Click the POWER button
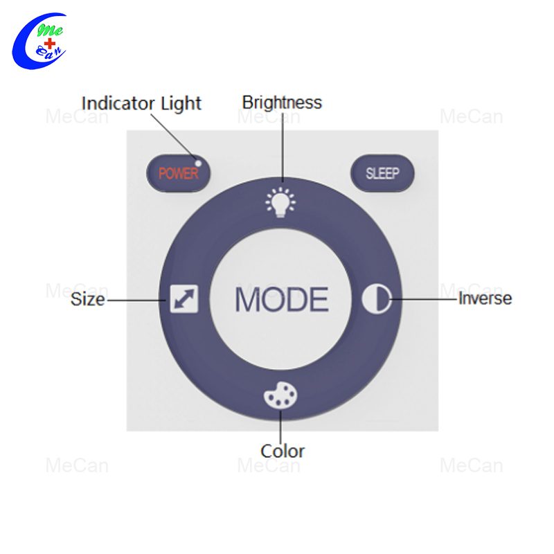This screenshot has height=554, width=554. [179, 173]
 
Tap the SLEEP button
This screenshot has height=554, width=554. [382, 173]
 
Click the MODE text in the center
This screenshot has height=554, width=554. [282, 299]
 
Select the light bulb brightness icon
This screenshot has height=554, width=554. [280, 202]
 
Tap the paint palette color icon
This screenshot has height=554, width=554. [280, 395]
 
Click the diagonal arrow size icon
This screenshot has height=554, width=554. [184, 299]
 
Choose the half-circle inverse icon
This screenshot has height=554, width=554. [377, 299]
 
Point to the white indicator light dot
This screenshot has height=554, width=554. [198, 163]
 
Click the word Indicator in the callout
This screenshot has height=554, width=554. [118, 103]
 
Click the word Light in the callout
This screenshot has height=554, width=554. [181, 105]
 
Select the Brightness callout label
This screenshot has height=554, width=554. [282, 103]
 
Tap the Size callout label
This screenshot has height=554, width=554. [88, 299]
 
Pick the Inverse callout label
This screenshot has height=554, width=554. [485, 298]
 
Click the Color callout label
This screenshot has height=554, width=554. [283, 452]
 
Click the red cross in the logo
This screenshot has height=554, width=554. [50, 44]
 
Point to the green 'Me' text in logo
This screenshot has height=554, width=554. [50, 30]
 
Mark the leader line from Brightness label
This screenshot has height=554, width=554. [283, 148]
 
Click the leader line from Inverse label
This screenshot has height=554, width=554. [423, 299]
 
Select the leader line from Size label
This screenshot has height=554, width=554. [136, 301]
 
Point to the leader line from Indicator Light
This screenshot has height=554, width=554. [173, 137]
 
